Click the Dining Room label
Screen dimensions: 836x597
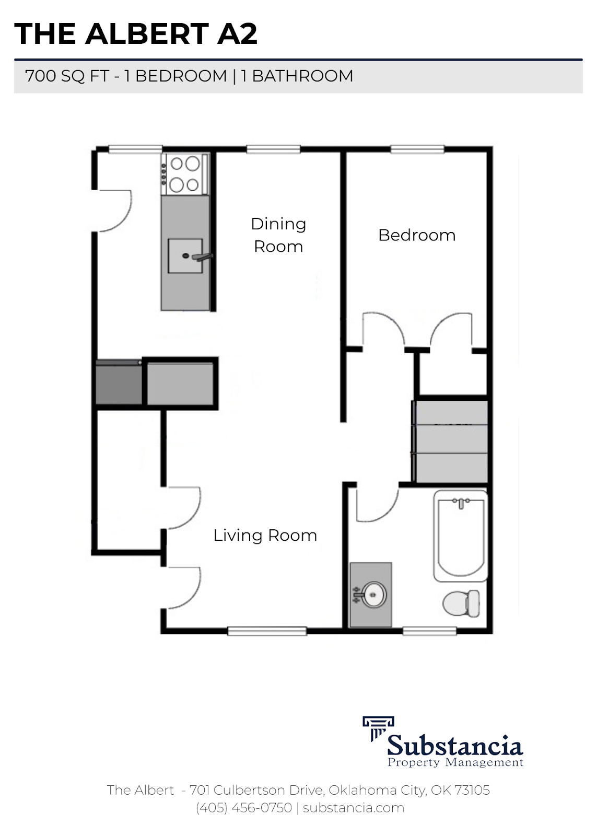[x=278, y=235]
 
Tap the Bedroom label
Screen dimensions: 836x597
[x=416, y=235]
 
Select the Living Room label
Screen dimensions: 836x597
[x=265, y=535]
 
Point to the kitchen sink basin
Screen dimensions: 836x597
[x=185, y=256]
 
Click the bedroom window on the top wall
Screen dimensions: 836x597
[x=417, y=149]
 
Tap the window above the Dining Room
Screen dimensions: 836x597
[x=274, y=149]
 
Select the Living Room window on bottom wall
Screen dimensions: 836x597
[x=267, y=631]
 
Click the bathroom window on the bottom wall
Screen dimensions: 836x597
[x=430, y=631]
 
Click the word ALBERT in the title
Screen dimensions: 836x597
[x=147, y=34]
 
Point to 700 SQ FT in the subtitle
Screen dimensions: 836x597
[x=67, y=76]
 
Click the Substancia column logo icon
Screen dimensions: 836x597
[x=374, y=728]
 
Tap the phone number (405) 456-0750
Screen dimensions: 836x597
[x=244, y=808]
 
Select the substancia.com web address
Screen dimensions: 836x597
[x=354, y=808]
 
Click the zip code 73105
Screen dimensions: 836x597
[x=472, y=790]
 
